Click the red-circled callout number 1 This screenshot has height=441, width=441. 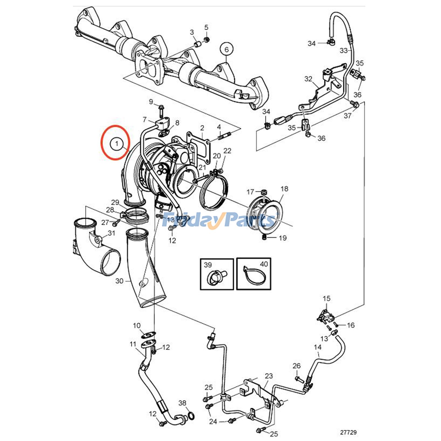point(117,144)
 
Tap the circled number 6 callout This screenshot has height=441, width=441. point(227,49)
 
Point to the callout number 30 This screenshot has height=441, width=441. point(119,281)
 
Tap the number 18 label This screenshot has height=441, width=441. point(284,189)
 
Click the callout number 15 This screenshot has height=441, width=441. point(326,298)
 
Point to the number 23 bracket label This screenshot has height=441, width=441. point(269,376)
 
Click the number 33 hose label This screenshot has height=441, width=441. point(344,51)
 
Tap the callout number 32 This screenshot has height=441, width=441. point(308,79)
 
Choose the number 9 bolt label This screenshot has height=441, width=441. point(151,102)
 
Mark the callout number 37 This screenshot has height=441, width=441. point(347,116)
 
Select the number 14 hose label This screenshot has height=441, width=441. point(318,347)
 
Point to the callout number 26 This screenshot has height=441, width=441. point(297,366)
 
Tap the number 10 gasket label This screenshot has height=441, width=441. point(137,326)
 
